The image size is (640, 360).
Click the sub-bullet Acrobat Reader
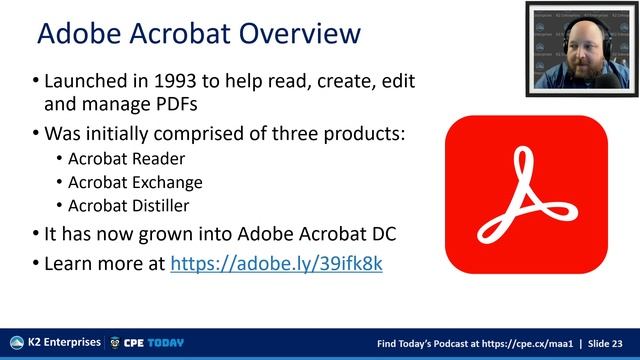[x=126, y=159]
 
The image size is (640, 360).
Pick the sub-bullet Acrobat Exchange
[x=135, y=182]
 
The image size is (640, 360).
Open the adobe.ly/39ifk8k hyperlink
[x=277, y=264]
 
